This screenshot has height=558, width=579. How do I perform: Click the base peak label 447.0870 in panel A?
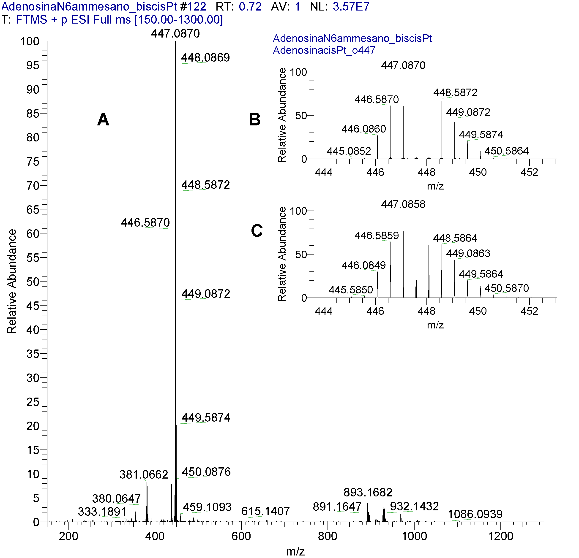coord(175,33)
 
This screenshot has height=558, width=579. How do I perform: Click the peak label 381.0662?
coord(144,475)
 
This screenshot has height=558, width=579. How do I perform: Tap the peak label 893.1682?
coord(368,493)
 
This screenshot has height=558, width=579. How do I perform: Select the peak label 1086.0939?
coord(475,514)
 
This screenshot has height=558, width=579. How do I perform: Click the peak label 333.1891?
coord(102,512)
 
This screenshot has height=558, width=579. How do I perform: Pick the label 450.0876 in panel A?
coord(206,472)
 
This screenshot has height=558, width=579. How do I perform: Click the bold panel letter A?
coord(103,119)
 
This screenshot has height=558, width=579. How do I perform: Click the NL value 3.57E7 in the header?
coord(351,6)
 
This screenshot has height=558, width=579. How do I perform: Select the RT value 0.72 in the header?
coord(250,6)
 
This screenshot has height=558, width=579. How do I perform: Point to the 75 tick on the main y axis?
coord(33,162)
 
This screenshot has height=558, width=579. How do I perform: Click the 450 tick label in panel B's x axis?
coord(478,172)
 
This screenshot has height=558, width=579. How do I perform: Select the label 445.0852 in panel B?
coord(349,151)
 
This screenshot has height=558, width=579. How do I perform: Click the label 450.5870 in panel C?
coord(506,288)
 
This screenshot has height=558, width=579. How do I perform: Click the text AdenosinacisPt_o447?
coord(324,50)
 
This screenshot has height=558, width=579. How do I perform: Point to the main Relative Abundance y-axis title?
coord(12,281)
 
